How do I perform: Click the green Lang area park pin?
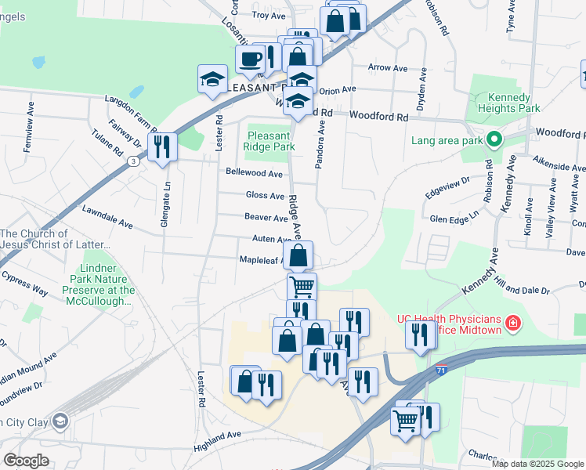(494, 141)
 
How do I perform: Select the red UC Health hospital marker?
(513, 323)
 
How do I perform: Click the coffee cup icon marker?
(250, 59)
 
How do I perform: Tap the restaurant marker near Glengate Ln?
(162, 146)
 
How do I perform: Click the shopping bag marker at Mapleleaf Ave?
(298, 255)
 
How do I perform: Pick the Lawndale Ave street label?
(107, 217)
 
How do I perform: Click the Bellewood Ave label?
(253, 173)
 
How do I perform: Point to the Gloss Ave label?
(265, 196)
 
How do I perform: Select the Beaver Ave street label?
(266, 218)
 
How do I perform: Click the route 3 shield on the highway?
(134, 161)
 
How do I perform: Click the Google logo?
(26, 461)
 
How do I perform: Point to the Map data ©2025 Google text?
(538, 464)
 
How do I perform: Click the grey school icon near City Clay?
(60, 422)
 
